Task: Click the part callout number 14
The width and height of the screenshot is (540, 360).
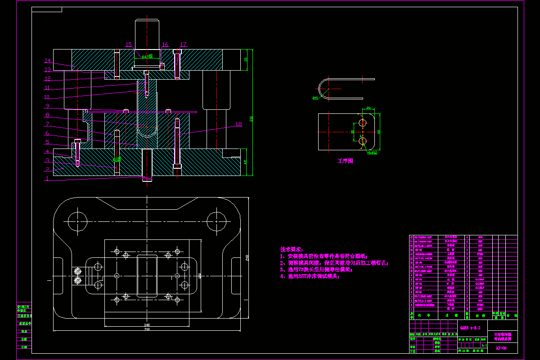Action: pyautogui.click(x=48, y=61)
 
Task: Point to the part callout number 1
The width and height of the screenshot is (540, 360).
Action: pyautogui.click(x=47, y=178)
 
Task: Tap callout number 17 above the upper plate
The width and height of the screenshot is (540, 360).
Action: pyautogui.click(x=183, y=45)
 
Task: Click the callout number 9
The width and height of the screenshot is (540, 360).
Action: pyautogui.click(x=47, y=106)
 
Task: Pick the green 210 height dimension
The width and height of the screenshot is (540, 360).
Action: pyautogui.click(x=251, y=119)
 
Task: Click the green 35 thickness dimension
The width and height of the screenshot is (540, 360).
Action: pyautogui.click(x=246, y=60)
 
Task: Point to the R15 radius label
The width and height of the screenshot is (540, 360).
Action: pyautogui.click(x=315, y=98)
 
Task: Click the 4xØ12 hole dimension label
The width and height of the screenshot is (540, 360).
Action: pyautogui.click(x=373, y=153)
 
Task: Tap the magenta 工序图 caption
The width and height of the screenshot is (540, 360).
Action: pyautogui.click(x=345, y=161)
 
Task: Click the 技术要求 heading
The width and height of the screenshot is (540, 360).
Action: pyautogui.click(x=292, y=249)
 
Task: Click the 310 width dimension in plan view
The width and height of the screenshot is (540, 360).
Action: pyautogui.click(x=147, y=329)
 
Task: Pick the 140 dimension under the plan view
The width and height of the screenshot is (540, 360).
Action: pyautogui.click(x=147, y=324)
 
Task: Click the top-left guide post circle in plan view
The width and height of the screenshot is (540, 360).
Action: pyautogui.click(x=77, y=220)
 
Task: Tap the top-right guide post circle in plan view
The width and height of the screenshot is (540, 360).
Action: pyautogui.click(x=216, y=220)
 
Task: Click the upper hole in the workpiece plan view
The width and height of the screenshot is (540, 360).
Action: pyautogui.click(x=363, y=122)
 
